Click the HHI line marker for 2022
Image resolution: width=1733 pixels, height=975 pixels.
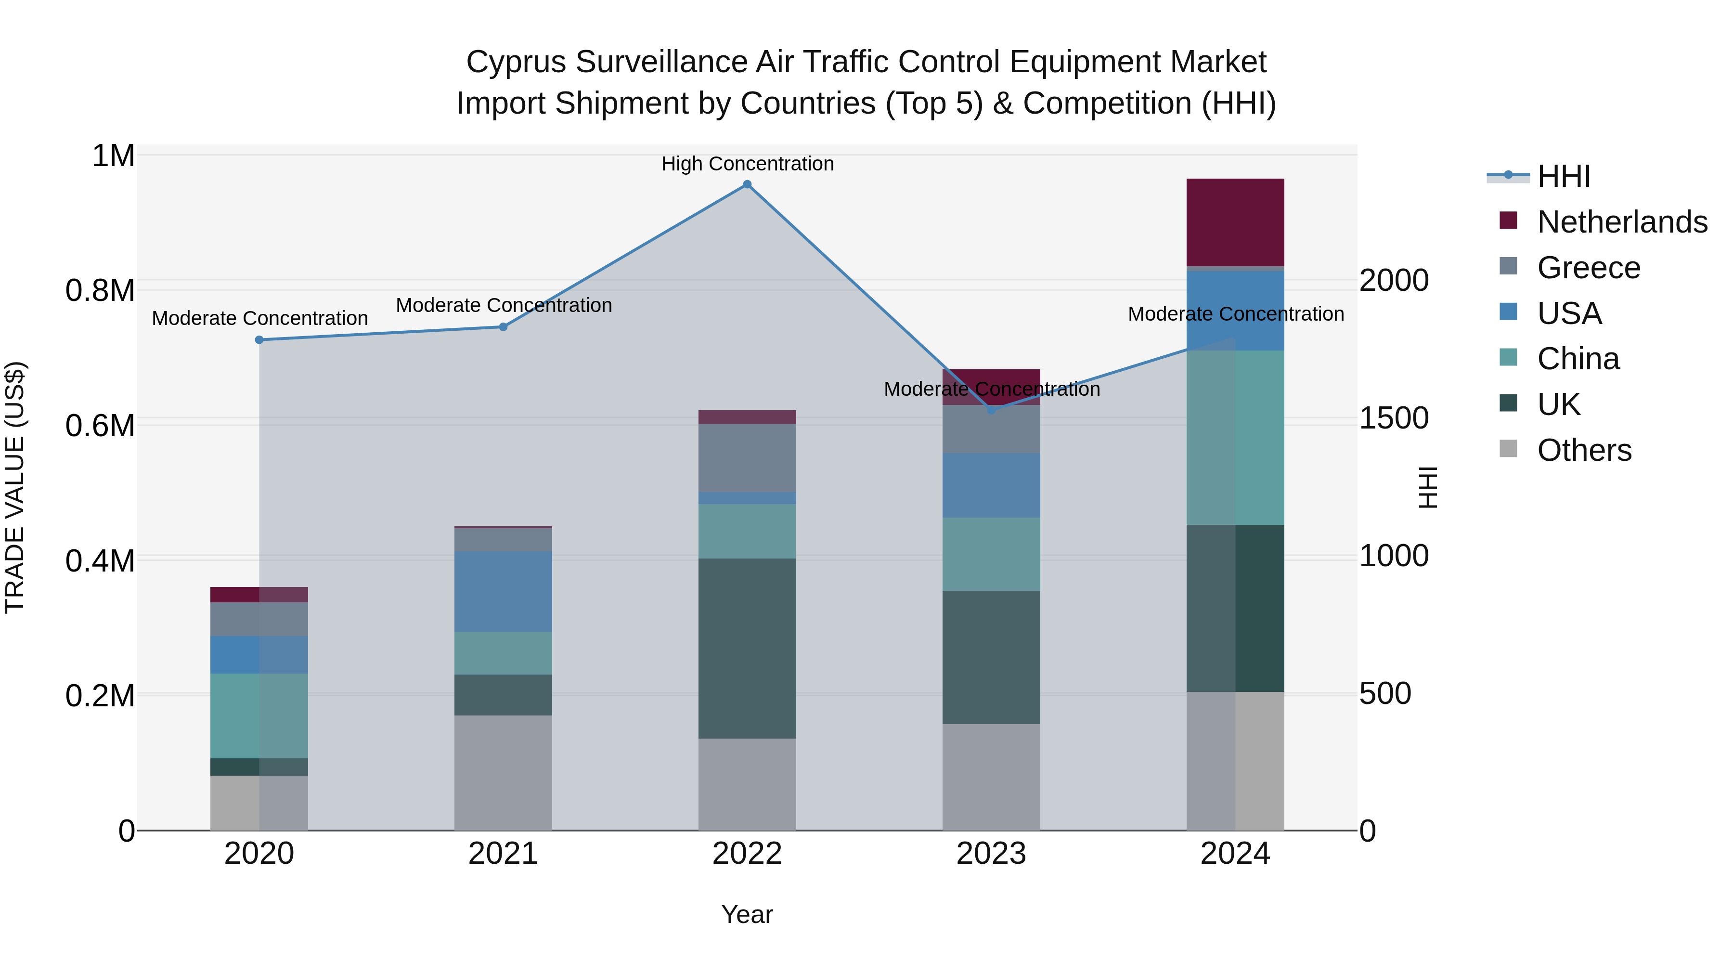[x=747, y=184]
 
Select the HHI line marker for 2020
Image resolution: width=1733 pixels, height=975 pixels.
[x=259, y=340]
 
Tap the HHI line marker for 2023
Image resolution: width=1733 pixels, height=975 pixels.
[x=991, y=410]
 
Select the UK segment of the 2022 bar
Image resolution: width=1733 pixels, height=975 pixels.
[x=747, y=648]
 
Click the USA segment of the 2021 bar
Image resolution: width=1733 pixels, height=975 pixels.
[x=503, y=591]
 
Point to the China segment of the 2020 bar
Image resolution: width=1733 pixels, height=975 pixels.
[x=259, y=715]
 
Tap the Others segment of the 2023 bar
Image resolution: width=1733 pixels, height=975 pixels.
[x=991, y=777]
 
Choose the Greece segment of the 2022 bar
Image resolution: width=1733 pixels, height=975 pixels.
[x=747, y=457]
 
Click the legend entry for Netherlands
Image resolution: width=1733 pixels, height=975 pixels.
[x=1621, y=222]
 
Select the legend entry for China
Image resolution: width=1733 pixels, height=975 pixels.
[x=1578, y=359]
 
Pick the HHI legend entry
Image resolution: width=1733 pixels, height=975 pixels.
[x=1563, y=176]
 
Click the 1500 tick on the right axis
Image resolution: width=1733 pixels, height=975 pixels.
[x=1393, y=418]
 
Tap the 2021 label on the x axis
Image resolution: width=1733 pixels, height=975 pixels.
[x=503, y=854]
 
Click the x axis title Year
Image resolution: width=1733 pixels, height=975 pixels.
[x=747, y=914]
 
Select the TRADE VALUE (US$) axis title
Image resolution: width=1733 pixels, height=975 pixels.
[x=15, y=487]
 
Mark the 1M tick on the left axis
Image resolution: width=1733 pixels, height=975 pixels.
[x=113, y=156]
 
